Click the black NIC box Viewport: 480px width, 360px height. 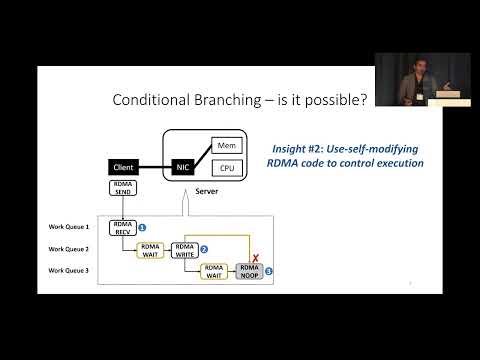(184, 166)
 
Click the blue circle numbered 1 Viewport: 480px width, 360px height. (142, 228)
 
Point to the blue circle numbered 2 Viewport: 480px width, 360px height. (204, 248)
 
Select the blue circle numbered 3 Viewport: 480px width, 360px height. (268, 271)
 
